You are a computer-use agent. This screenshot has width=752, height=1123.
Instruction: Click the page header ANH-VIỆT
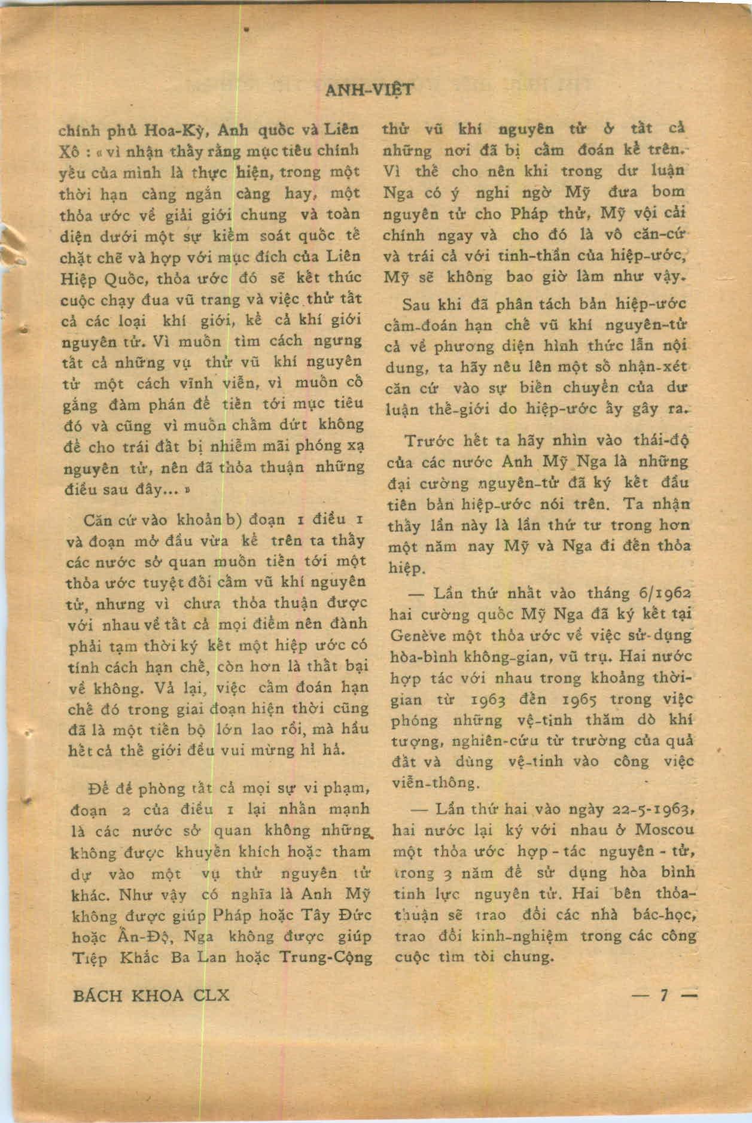pos(369,90)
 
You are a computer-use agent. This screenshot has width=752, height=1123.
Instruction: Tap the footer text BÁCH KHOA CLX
pos(151,995)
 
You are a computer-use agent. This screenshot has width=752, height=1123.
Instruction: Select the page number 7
pos(663,995)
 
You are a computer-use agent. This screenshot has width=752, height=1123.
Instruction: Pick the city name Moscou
pos(664,830)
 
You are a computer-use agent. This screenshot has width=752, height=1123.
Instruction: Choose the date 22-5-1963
pos(653,809)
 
